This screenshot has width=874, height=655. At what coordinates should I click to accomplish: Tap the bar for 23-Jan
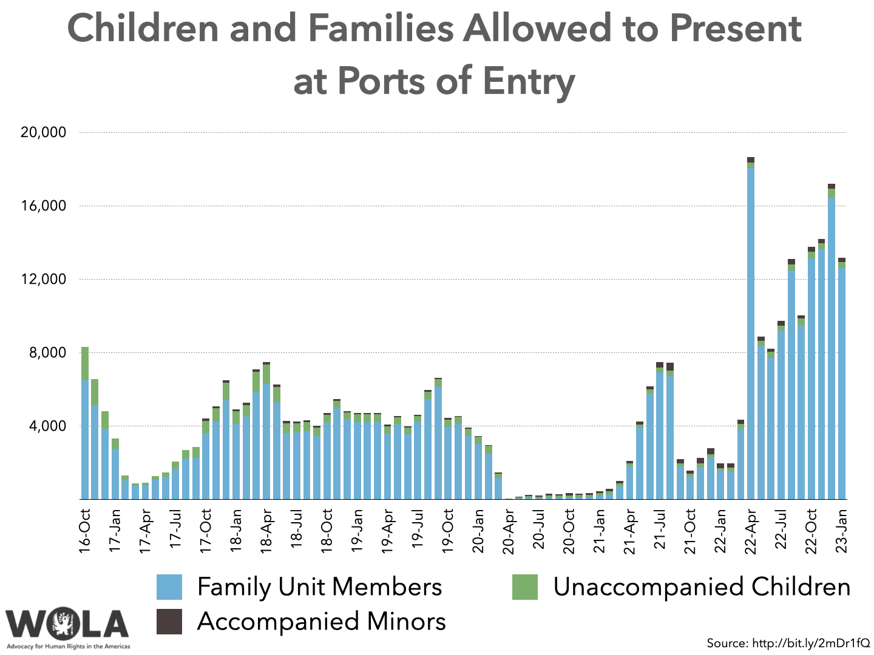point(842,382)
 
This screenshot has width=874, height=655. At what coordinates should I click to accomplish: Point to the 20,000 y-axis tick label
point(43,132)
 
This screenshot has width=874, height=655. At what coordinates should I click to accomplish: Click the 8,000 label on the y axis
point(48,353)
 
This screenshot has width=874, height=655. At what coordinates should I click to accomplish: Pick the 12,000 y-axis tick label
point(43,280)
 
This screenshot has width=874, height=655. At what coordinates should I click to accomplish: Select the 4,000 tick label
point(48,426)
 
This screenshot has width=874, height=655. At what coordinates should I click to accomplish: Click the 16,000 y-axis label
point(43,206)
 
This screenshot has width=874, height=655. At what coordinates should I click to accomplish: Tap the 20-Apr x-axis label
point(509,532)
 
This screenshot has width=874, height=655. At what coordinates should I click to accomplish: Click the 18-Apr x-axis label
point(266,530)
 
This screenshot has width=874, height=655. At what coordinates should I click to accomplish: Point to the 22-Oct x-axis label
point(811,531)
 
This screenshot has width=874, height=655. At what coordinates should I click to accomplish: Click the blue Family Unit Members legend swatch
point(169,587)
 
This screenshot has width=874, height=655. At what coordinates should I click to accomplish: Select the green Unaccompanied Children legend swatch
point(524,587)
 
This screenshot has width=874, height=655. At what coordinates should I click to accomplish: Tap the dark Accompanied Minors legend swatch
point(169,622)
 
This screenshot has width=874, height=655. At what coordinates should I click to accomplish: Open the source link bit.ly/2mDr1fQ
point(811,643)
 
